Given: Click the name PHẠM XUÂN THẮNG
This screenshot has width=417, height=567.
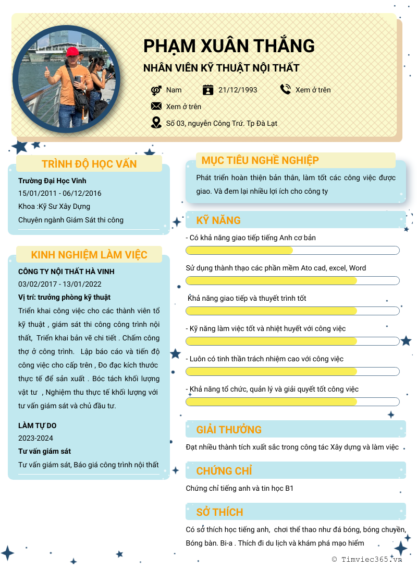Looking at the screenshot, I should (x=229, y=46).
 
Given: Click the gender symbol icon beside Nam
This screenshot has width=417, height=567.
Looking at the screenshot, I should (x=156, y=90).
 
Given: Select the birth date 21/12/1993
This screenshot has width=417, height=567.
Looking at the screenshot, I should (x=238, y=90).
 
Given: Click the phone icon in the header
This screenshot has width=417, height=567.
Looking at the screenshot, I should (x=285, y=89).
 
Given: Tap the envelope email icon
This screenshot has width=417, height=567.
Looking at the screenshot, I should (x=156, y=106).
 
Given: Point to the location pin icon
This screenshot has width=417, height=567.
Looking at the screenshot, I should (x=156, y=123).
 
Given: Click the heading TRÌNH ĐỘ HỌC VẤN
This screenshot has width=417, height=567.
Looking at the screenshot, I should (x=89, y=164).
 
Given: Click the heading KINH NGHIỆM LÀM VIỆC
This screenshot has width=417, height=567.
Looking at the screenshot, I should (x=89, y=255).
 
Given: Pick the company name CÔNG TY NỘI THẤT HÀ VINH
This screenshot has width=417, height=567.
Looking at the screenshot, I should (x=66, y=271).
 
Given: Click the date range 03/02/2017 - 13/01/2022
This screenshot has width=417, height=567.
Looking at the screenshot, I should (x=60, y=284).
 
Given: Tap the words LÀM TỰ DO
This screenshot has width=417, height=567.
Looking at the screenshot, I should (x=37, y=426).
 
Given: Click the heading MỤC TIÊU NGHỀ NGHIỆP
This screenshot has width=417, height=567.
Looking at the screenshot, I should (x=260, y=160).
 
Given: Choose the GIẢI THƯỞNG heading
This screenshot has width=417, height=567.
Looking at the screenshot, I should (x=229, y=430).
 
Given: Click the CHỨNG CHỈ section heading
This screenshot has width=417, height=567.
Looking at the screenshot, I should (x=224, y=471).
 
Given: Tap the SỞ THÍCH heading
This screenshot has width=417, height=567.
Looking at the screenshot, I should (x=219, y=512).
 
